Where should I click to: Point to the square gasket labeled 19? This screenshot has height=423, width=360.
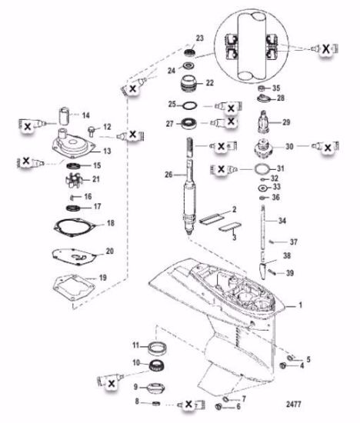(73, 287)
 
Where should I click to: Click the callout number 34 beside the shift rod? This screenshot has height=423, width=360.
(282, 221)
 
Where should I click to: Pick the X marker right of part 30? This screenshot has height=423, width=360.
(325, 145)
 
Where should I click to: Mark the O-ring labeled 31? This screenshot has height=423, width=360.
(261, 169)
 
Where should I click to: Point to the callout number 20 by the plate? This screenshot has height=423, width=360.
(109, 251)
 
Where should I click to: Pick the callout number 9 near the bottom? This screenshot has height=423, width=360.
(135, 386)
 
